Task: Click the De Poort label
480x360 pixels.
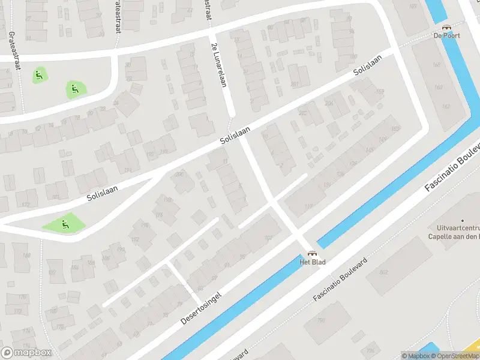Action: (447, 35)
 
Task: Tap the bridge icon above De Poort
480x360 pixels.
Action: (446, 27)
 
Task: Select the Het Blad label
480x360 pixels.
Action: (311, 262)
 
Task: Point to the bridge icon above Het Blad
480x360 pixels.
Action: (311, 253)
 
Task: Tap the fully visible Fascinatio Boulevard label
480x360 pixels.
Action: (340, 280)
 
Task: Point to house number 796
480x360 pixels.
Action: (370, 351)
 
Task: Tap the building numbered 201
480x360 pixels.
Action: (294, 84)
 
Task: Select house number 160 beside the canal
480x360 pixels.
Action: (437, 88)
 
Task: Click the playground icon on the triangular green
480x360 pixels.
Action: (64, 224)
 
